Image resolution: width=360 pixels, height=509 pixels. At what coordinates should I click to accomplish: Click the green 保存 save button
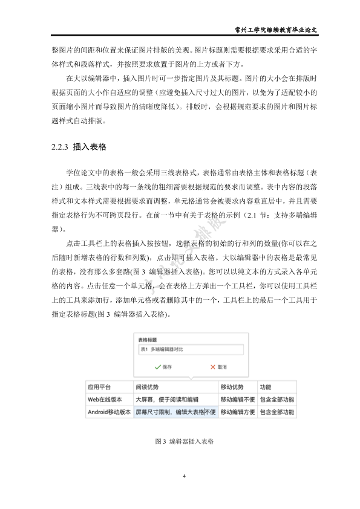pos(163,366)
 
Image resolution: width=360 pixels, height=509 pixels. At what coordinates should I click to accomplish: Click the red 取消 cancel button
pos(218,366)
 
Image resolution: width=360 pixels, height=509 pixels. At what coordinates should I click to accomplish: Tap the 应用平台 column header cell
pos(97,387)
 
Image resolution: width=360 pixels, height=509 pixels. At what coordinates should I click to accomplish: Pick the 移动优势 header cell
pos(232,387)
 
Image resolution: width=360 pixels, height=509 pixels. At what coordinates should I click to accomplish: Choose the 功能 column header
pos(266,387)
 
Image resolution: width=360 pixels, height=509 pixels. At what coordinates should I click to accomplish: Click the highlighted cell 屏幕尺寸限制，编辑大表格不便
pos(175,412)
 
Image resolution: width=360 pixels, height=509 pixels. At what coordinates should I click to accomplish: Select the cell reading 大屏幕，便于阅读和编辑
pos(166,400)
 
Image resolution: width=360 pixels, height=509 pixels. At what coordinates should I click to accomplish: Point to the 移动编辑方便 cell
pos(237,412)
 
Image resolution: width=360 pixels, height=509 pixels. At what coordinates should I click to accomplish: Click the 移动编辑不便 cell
pos(237,400)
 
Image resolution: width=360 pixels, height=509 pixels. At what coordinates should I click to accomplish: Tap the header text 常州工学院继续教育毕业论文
pos(280,30)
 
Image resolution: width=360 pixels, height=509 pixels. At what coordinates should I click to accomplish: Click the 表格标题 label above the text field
pos(148,340)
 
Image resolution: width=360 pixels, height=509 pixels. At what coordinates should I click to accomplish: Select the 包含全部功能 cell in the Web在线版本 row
pos(277,400)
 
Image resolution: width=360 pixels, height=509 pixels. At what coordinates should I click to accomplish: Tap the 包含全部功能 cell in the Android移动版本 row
pos(277,412)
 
